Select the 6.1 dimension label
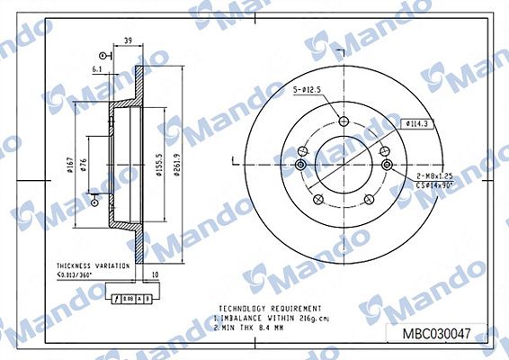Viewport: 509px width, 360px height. coord(96,67)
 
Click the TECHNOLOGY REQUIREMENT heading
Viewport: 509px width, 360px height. coord(257,307)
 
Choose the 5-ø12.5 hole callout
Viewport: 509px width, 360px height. coord(306,90)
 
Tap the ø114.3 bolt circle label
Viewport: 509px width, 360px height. coord(420,123)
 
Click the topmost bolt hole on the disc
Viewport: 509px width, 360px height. coord(343,123)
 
